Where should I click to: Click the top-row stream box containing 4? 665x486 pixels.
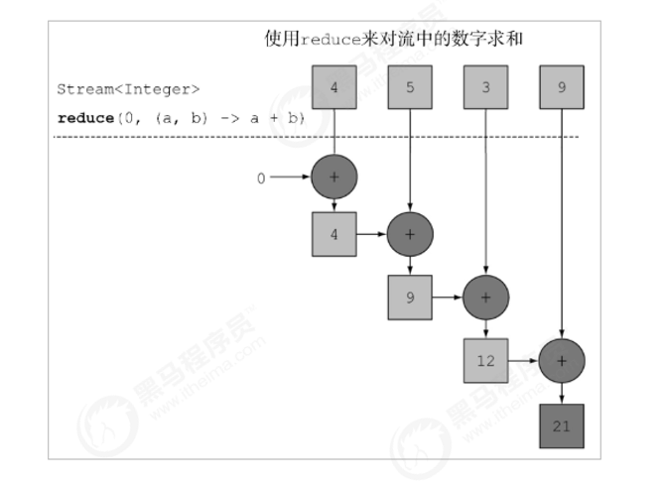click(333, 86)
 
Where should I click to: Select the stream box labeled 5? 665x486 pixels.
click(410, 86)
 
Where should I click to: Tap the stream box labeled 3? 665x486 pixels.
click(485, 86)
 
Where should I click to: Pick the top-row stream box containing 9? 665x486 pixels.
click(562, 86)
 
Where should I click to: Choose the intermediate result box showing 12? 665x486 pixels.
click(485, 360)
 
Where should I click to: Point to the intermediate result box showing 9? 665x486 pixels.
click(410, 297)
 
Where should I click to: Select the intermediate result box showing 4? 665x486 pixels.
click(333, 234)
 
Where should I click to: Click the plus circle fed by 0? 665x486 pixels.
click(333, 178)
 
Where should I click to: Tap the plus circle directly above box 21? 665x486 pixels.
click(562, 360)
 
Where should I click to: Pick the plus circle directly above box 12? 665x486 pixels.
click(485, 297)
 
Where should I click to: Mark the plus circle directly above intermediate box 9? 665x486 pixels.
click(410, 234)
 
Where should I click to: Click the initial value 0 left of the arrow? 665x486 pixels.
click(261, 179)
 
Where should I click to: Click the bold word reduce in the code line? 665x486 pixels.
click(86, 117)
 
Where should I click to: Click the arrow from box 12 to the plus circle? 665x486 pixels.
click(523, 360)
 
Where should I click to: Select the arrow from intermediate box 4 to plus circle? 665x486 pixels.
click(371, 234)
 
